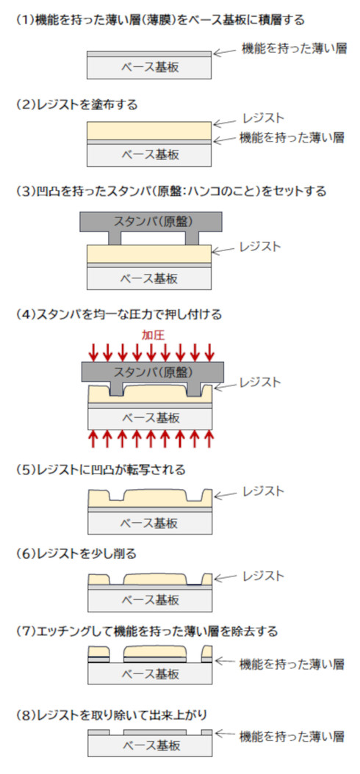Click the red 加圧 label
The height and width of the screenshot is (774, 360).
pos(153,336)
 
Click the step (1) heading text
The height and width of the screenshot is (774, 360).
pos(160,21)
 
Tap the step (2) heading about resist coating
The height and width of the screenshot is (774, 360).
pos(76,105)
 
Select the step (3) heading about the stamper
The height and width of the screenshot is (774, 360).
pos(171,192)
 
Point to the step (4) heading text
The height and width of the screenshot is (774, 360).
pos(119,314)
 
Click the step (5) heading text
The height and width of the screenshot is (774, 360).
pos(101,470)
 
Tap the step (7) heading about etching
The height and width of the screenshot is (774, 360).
pos(147,632)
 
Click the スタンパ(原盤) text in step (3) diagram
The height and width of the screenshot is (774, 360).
pos(153,220)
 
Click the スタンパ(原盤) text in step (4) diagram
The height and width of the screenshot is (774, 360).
pos(153,371)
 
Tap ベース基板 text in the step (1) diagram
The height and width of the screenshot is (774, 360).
pos(149,68)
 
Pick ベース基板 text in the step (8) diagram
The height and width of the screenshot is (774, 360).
pos(150,745)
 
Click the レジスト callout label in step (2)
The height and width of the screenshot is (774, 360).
pos(263,118)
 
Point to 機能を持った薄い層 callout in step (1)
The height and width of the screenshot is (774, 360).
pos(293,48)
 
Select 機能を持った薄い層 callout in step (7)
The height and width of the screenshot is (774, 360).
pos(292,665)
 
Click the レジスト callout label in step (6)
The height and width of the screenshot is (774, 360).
pos(263,576)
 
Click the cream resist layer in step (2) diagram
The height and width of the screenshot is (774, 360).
pos(149,131)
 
